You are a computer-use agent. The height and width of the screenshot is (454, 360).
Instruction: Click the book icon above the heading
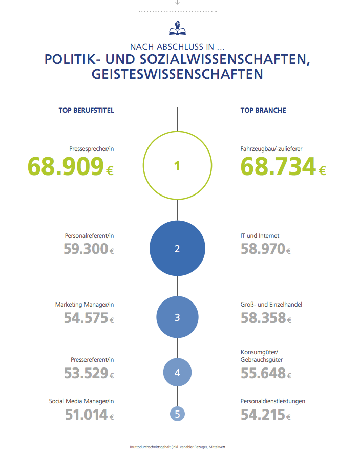coord(177,28)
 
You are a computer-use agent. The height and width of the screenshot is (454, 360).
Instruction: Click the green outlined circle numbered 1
coord(177,166)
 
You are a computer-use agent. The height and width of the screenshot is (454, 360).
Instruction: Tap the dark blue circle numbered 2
coord(177,249)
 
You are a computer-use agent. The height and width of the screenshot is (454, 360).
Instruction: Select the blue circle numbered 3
coord(177,317)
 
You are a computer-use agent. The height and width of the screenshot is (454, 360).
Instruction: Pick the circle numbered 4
coord(177,372)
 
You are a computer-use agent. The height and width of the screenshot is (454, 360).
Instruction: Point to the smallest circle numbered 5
coord(177,414)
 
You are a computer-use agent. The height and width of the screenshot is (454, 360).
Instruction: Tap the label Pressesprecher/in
coord(91,148)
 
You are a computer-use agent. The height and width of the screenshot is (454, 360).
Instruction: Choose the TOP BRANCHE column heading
coord(263,110)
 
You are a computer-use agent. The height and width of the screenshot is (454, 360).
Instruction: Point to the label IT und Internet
coord(260,236)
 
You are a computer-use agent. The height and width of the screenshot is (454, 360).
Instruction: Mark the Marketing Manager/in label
coord(84,305)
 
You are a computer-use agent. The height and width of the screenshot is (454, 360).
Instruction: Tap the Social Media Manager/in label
coord(81,401)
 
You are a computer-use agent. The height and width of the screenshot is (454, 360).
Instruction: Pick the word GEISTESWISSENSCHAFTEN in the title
coord(177,74)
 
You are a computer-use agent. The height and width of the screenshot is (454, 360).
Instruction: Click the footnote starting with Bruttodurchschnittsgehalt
coord(177,447)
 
